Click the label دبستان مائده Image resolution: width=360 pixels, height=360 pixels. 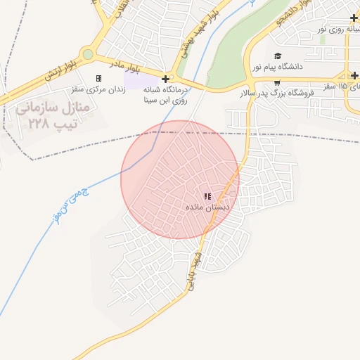click(207, 207)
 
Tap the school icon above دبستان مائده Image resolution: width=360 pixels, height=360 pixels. click(207, 196)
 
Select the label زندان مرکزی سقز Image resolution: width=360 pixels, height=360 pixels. click(98, 89)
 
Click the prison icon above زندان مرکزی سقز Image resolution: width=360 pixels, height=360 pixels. click(98, 78)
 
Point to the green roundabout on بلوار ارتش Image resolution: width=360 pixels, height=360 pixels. click(87, 54)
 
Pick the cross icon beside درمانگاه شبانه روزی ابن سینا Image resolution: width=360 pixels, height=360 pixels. click(166, 79)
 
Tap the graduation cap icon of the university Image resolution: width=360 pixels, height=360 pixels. click(277, 56)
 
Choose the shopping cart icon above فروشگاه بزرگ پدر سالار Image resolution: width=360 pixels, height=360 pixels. click(277, 82)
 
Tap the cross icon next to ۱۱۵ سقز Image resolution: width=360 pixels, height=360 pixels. click(354, 75)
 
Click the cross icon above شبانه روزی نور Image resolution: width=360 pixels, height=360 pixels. click(354, 17)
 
